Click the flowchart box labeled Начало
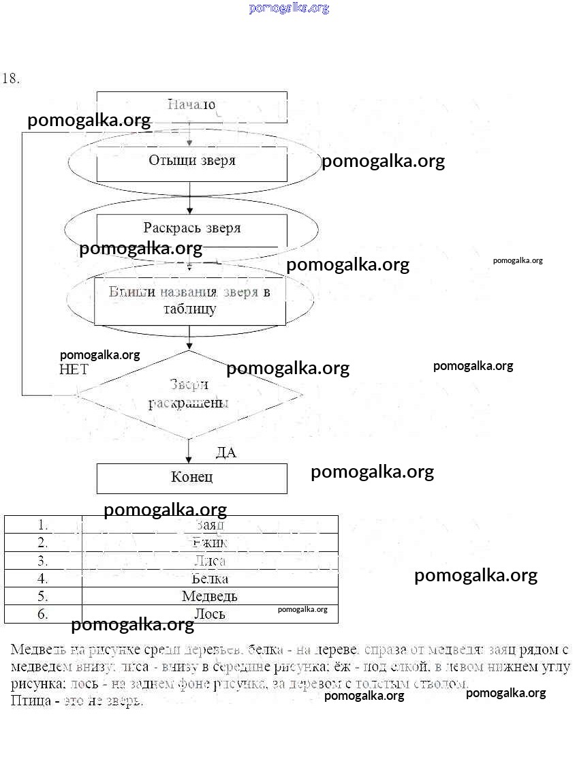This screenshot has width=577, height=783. pyautogui.click(x=191, y=105)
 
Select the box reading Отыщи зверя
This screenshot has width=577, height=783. pyautogui.click(x=191, y=161)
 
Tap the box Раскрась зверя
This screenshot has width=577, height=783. pyautogui.click(x=191, y=228)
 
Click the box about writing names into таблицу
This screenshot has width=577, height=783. pyautogui.click(x=190, y=301)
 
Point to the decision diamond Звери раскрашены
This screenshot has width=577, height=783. pyautogui.click(x=189, y=394)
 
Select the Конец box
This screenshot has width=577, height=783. pyautogui.click(x=191, y=478)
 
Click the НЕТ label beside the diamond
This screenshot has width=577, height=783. pyautogui.click(x=74, y=369)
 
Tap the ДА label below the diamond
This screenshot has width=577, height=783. pyautogui.click(x=225, y=452)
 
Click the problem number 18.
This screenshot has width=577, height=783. pyautogui.click(x=11, y=78)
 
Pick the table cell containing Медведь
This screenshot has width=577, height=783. pyautogui.click(x=210, y=596)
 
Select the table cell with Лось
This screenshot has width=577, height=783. pyautogui.click(x=210, y=614)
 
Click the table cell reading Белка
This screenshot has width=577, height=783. pyautogui.click(x=210, y=579)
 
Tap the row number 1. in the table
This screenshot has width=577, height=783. pyautogui.click(x=43, y=525)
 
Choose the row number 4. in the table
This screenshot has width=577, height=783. pyautogui.click(x=43, y=579)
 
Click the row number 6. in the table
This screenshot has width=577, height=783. pyautogui.click(x=43, y=614)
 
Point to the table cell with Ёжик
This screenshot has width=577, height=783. pyautogui.click(x=210, y=542)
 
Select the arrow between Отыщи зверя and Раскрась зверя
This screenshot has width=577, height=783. pyautogui.click(x=189, y=198)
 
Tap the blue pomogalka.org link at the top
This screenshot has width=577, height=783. pyautogui.click(x=289, y=8)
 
